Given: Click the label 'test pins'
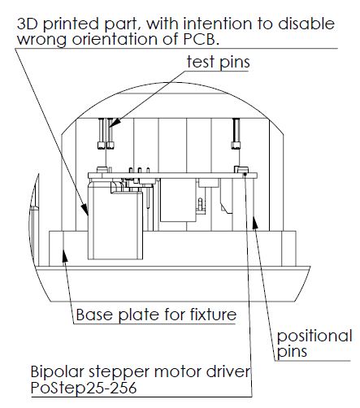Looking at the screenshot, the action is click(x=218, y=62).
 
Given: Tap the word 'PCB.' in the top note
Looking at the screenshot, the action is click(x=201, y=39).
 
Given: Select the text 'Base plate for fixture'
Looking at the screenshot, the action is click(x=156, y=315).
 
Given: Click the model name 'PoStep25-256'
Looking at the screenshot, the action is click(x=84, y=388).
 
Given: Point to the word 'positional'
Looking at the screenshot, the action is click(x=314, y=336).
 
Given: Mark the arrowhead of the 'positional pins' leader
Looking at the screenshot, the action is click(x=254, y=221).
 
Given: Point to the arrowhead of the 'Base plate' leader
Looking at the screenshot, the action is click(x=64, y=254).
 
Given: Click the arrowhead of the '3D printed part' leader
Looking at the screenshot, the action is click(x=85, y=211).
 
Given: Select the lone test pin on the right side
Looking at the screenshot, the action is click(x=236, y=133).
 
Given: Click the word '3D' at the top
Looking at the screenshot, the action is click(x=28, y=24).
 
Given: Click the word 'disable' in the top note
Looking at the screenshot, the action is click(x=306, y=24).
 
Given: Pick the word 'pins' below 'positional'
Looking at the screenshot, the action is click(x=292, y=352).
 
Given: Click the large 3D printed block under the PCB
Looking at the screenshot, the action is click(x=115, y=224).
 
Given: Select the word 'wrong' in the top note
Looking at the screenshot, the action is click(x=41, y=40).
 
